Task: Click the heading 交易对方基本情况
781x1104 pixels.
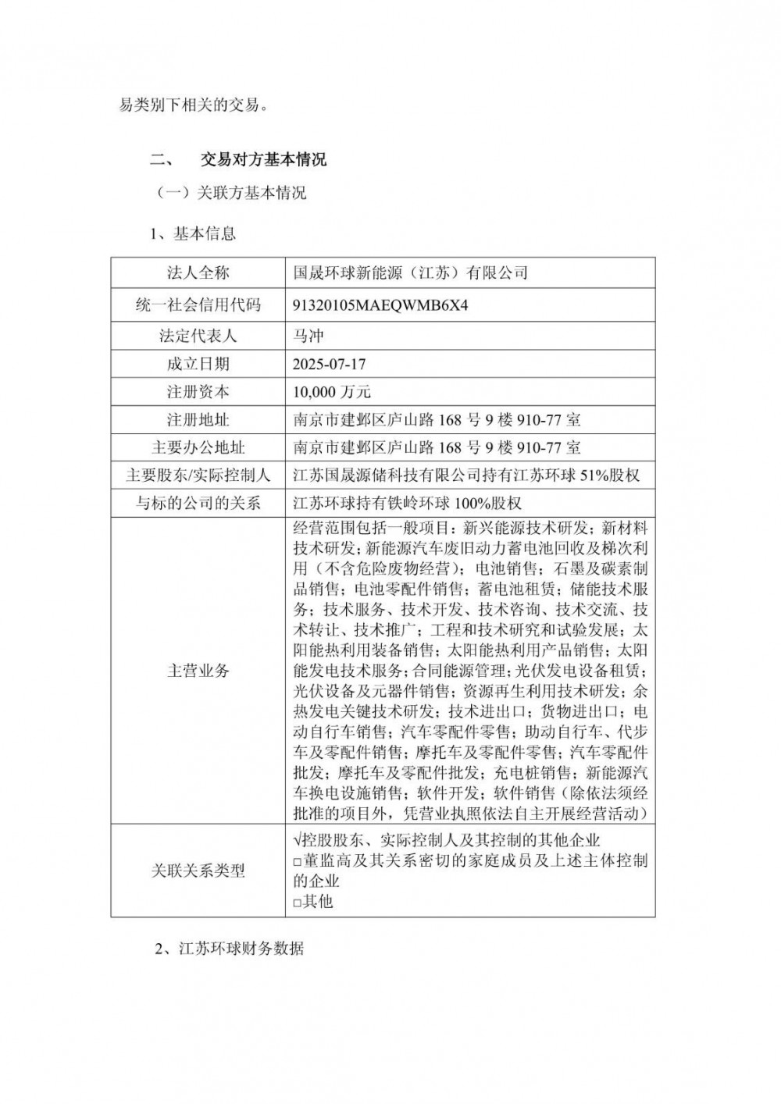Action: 263,160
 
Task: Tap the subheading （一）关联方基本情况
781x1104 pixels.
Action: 231,193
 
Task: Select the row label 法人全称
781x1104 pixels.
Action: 198,272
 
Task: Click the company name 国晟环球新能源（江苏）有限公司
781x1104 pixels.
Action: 410,272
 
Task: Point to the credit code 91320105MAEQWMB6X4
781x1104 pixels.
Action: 380,305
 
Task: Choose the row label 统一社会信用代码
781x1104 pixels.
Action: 198,305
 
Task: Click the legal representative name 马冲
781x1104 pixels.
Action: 308,336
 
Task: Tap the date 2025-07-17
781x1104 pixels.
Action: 329,364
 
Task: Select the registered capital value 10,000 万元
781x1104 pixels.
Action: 332,392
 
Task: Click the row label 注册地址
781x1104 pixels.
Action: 198,420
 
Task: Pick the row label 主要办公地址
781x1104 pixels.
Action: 198,448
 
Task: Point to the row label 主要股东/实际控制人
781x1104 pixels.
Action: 198,475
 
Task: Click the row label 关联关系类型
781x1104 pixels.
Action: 198,871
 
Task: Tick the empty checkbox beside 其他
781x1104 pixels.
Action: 298,903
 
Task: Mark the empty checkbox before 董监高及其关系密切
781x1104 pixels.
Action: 298,861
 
